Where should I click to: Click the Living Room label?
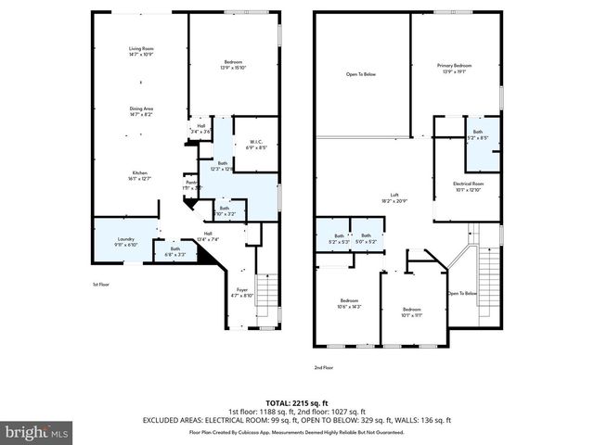click(141, 52)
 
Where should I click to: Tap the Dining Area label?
click(141, 112)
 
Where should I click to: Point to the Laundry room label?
click(125, 242)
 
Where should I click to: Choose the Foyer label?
click(241, 293)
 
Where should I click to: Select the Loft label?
click(394, 197)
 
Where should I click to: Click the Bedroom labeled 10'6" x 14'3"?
click(349, 303)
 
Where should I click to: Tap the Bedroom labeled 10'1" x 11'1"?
click(412, 312)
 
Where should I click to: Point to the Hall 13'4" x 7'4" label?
click(208, 236)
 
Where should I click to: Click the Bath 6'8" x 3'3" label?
click(174, 250)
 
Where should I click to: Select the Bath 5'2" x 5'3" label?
click(339, 238)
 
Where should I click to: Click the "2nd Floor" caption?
click(323, 368)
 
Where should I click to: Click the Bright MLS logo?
click(37, 432)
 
